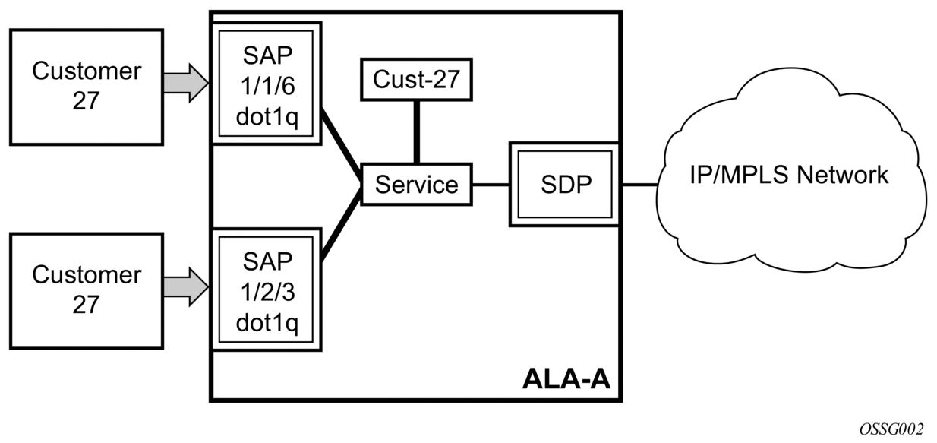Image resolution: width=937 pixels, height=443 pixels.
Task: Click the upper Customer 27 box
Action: (86, 86)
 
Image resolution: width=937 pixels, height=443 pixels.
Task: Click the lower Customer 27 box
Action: (86, 290)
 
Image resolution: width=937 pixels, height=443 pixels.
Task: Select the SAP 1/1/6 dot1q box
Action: (267, 82)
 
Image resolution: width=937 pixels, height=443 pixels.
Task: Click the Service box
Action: (416, 185)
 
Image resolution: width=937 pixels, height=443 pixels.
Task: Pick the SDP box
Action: (565, 185)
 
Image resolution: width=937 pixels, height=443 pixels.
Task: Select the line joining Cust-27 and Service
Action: (416, 131)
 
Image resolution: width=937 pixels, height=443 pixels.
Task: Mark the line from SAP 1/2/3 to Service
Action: (340, 225)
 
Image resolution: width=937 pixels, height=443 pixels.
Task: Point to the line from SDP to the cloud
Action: (639, 185)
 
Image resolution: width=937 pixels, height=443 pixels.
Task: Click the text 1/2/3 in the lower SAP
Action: (267, 293)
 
